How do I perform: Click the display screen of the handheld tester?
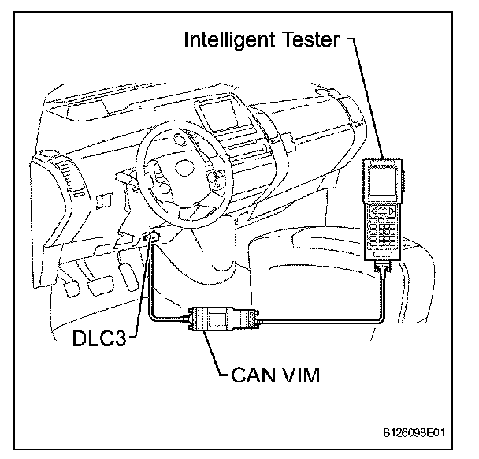pyautogui.click(x=381, y=184)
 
